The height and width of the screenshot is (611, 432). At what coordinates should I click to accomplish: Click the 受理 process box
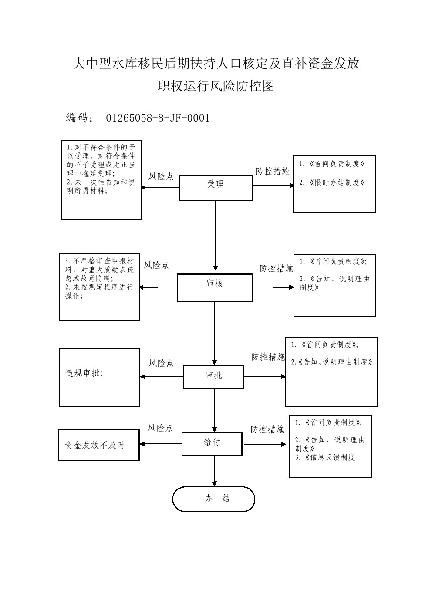(215, 187)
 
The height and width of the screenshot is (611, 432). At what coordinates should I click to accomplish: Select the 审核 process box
(214, 287)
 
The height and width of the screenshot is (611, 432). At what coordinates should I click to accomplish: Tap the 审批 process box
(213, 377)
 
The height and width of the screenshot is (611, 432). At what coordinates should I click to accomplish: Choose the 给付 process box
(212, 443)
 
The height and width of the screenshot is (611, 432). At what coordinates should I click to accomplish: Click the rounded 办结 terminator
(213, 499)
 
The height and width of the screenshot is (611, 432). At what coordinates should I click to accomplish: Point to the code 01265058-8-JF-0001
(158, 118)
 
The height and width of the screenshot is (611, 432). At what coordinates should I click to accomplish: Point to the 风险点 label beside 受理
(161, 176)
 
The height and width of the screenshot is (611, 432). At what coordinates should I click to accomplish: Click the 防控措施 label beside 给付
(267, 430)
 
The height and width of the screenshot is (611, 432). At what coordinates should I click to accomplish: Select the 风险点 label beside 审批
(161, 363)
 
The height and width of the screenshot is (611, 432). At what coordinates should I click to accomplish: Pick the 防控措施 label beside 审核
(276, 269)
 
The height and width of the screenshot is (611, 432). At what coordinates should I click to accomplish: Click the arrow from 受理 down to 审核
(215, 235)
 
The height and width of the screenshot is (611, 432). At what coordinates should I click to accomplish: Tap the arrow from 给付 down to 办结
(214, 471)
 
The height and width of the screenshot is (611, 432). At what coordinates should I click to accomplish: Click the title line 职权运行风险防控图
(216, 86)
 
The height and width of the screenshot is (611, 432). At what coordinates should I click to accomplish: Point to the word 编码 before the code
(77, 118)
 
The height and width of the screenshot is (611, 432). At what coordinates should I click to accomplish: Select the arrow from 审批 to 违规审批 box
(162, 377)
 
